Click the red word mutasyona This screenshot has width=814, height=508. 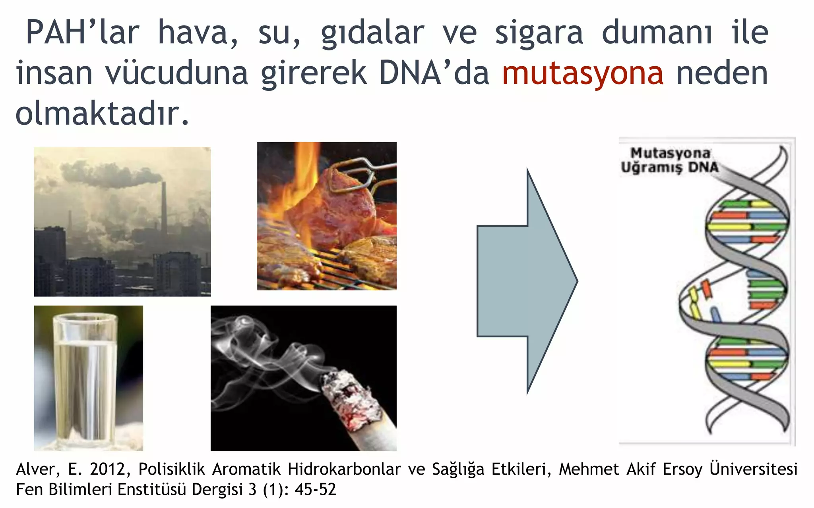click(583, 74)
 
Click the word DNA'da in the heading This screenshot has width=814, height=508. click(434, 74)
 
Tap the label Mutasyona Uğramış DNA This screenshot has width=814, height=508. click(670, 160)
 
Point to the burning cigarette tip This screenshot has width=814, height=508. click(350, 401)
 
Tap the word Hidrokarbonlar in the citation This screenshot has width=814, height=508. click(344, 470)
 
